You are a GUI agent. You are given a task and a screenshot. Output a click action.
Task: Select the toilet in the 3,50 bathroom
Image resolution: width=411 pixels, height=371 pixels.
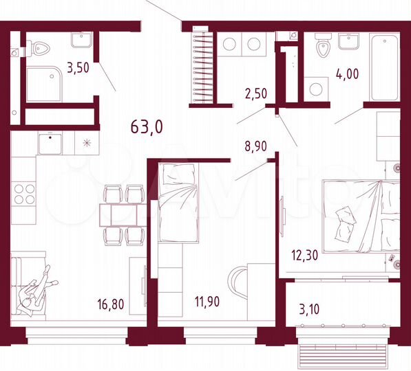coord(38,49)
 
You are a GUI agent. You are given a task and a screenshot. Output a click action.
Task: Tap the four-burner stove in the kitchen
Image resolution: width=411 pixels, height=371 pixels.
coord(23,194)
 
